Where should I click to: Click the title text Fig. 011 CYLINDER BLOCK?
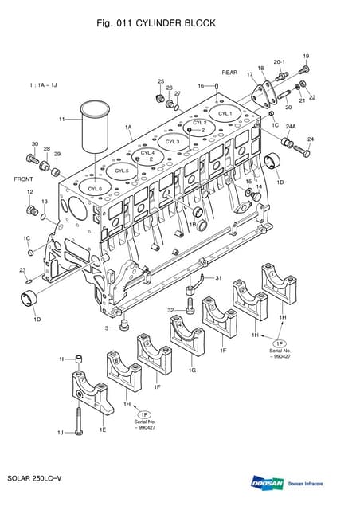click(x=155, y=24)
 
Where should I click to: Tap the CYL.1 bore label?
click(x=225, y=114)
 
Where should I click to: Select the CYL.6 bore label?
click(x=95, y=188)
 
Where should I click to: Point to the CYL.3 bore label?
click(x=173, y=142)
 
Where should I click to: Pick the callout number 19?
click(x=306, y=56)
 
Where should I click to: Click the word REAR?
click(x=230, y=73)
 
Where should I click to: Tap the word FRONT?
click(x=23, y=179)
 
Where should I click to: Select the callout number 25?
click(x=160, y=81)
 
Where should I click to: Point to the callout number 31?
click(x=218, y=277)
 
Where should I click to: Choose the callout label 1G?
click(x=192, y=371)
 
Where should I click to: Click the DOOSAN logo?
click(x=265, y=483)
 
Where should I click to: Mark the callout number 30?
click(x=34, y=144)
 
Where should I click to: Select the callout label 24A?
click(x=291, y=127)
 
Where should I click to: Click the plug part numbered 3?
click(x=124, y=324)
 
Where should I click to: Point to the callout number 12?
click(x=29, y=192)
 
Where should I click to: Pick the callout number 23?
click(x=22, y=270)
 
